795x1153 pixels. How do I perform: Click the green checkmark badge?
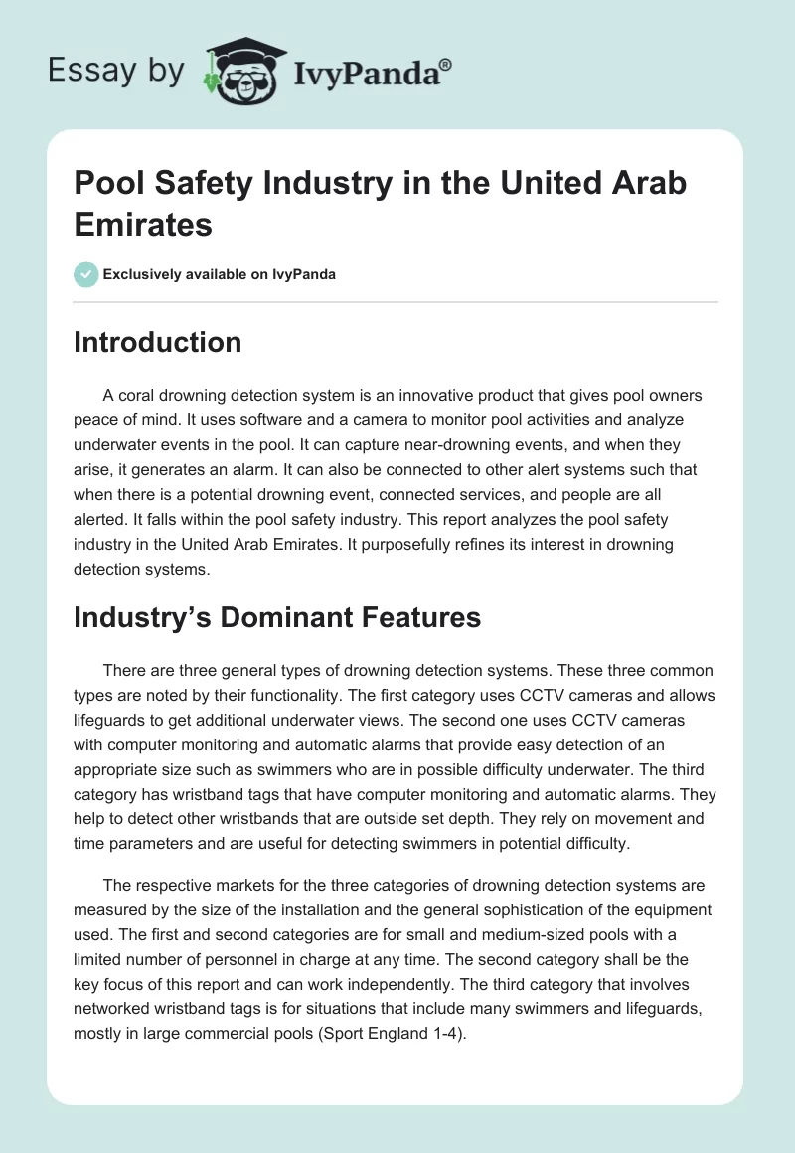(86, 274)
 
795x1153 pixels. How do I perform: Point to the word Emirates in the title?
(143, 224)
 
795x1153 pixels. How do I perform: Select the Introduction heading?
(158, 342)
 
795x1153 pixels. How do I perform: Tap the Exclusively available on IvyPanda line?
(220, 274)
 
